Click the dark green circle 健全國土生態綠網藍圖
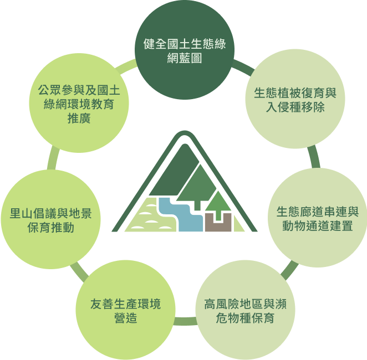[x=185, y=49]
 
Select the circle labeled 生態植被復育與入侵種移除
[x=295, y=99]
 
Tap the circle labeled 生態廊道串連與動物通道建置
[x=318, y=218]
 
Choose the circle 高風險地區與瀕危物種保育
[x=245, y=310]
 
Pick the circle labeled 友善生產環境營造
[x=126, y=310]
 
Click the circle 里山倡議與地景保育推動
[x=51, y=219]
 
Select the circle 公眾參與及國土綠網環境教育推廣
[x=79, y=103]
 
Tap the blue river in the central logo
[x=180, y=214]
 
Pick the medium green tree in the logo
[x=197, y=184]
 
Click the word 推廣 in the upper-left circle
[x=79, y=119]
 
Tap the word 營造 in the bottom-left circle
[x=126, y=318]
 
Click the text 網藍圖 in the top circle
[x=185, y=58]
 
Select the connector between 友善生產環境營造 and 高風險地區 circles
[x=185, y=321]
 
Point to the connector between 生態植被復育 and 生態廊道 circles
[x=314, y=157]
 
